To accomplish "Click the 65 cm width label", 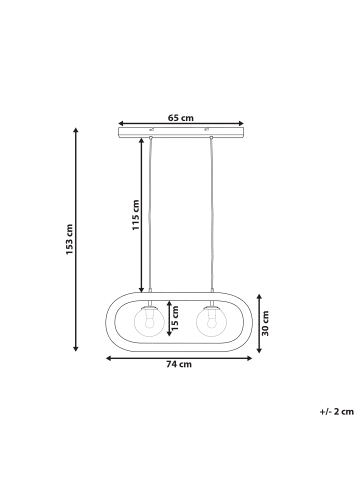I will tap(180, 117).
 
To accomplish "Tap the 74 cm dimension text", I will tap(179, 365).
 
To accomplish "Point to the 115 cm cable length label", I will tap(136, 216).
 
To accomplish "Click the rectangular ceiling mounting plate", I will tap(180, 132).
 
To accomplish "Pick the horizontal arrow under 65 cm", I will tap(180, 124).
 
